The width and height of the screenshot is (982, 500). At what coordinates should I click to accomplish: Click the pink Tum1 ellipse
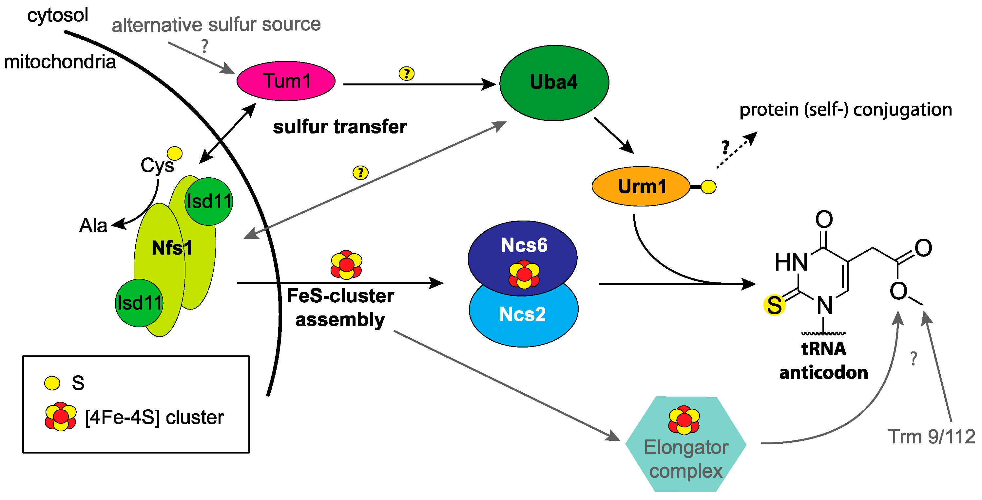286,81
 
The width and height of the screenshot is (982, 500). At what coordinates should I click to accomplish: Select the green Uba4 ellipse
554,83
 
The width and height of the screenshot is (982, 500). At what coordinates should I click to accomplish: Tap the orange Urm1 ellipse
641,186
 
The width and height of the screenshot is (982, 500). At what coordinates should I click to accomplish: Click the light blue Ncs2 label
523,314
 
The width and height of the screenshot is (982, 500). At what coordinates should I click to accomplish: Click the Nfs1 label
172,248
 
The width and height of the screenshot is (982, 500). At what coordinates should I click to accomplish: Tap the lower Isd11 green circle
140,303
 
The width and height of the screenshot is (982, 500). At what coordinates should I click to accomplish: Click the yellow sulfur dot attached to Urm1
708,187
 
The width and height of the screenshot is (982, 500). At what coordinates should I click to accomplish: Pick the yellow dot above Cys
175,153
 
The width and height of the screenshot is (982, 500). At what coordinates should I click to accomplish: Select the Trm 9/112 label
931,437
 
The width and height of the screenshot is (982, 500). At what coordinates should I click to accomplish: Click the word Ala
93,225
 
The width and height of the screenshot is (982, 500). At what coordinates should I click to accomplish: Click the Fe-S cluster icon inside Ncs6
524,274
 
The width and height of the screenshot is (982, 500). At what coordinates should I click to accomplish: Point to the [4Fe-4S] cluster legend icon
60,417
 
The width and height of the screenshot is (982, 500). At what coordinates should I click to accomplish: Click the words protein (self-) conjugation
845,110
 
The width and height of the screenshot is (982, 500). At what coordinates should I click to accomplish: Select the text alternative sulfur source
216,25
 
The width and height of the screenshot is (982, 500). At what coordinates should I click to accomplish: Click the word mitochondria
60,62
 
